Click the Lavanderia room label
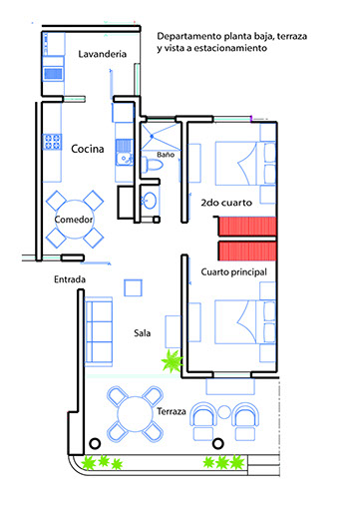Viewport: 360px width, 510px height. tap(103, 54)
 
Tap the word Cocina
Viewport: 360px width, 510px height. tap(88, 149)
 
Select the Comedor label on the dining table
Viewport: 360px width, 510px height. tap(74, 220)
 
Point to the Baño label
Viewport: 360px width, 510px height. tap(166, 155)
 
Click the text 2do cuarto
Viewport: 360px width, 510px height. tap(226, 203)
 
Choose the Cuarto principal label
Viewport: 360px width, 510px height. tap(234, 272)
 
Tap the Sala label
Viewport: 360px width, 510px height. tap(142, 333)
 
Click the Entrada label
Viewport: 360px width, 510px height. tap(70, 279)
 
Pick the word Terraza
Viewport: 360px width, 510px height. tap(172, 411)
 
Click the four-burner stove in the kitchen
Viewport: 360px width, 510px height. tap(52, 142)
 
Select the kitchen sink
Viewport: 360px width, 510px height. tap(125, 153)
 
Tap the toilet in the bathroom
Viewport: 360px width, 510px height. tap(153, 165)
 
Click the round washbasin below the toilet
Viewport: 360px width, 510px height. tap(150, 201)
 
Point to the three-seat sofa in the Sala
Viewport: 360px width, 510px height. tap(99, 331)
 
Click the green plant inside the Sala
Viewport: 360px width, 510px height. tap(172, 360)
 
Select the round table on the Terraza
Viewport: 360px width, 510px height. tap(136, 414)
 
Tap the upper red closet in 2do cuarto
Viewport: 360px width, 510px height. tap(247, 227)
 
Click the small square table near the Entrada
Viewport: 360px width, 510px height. tap(134, 287)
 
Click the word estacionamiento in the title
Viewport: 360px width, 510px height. tap(230, 48)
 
